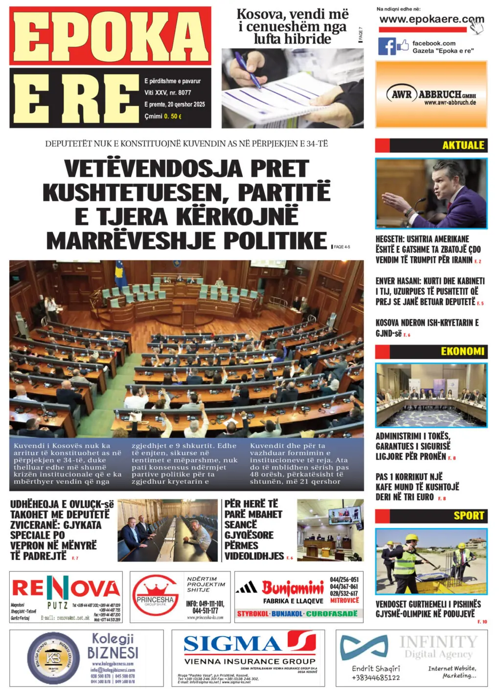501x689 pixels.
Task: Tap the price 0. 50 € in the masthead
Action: click(x=173, y=117)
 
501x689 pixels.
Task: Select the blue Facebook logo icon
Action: click(x=387, y=47)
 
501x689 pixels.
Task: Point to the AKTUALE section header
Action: click(x=463, y=145)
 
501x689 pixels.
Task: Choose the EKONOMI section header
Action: click(x=462, y=352)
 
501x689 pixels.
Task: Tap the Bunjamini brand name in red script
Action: click(x=293, y=587)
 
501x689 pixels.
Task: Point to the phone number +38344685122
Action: click(x=375, y=678)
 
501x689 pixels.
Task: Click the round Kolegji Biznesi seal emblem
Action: click(x=53, y=658)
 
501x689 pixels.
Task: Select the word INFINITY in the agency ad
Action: click(x=438, y=641)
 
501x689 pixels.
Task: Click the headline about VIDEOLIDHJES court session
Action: click(x=254, y=529)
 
